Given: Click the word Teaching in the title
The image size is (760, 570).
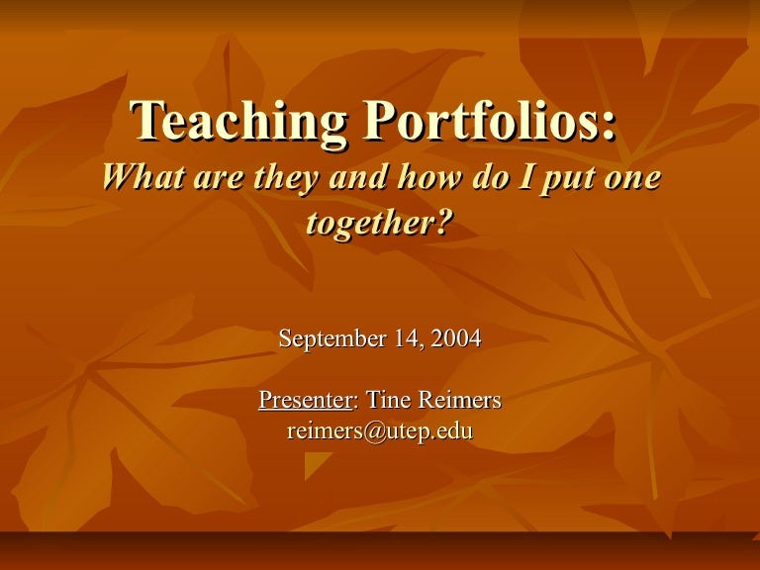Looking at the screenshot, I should point(241,124).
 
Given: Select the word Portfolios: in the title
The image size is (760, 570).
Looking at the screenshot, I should point(490,124).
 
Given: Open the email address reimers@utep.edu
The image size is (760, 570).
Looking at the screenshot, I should point(380,430).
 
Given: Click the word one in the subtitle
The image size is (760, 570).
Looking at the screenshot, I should point(625,178).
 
